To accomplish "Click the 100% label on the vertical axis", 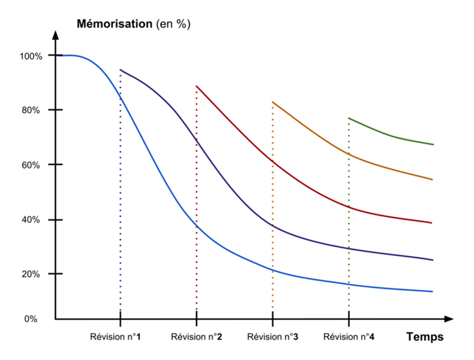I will coord(31,56).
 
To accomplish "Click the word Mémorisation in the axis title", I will coord(115,24).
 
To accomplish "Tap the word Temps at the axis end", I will coord(424,337).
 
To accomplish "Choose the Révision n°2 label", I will coord(196,337).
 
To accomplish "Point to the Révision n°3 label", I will coord(273,337).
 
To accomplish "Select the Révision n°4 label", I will coord(349,337).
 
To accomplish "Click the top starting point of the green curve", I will coord(349,118).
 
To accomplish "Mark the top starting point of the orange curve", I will coord(272,102).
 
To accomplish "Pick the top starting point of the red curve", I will coord(197,86).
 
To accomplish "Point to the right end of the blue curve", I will coord(433,291).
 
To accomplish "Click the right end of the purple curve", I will coord(433,260).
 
